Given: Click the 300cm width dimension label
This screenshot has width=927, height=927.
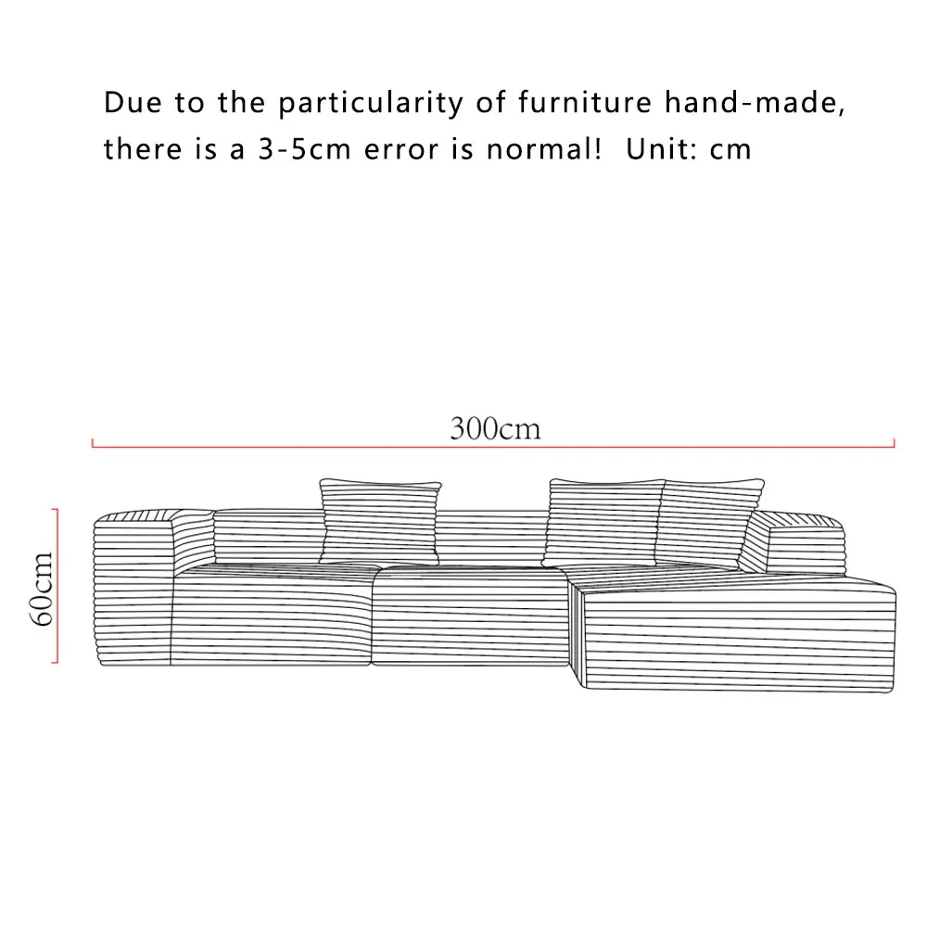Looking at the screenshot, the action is tap(495, 429).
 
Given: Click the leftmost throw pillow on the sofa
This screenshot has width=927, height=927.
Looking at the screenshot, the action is tap(380, 521).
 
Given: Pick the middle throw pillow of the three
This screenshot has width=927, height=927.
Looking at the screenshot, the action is tap(604, 521).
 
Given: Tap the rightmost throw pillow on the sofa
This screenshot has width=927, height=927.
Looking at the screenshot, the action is tap(709, 521).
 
